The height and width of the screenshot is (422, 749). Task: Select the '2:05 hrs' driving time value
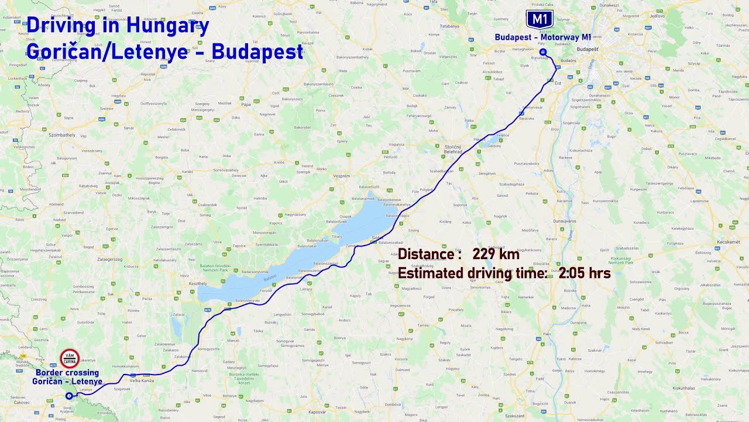(584, 273)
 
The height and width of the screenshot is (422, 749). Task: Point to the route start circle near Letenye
(69, 396)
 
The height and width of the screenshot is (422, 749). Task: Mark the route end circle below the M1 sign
(543, 52)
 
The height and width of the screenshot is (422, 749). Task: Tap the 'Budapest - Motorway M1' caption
(542, 37)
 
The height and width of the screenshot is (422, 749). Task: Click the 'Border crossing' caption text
(67, 373)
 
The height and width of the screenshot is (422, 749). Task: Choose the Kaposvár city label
(317, 411)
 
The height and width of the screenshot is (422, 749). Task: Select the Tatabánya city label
(449, 26)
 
